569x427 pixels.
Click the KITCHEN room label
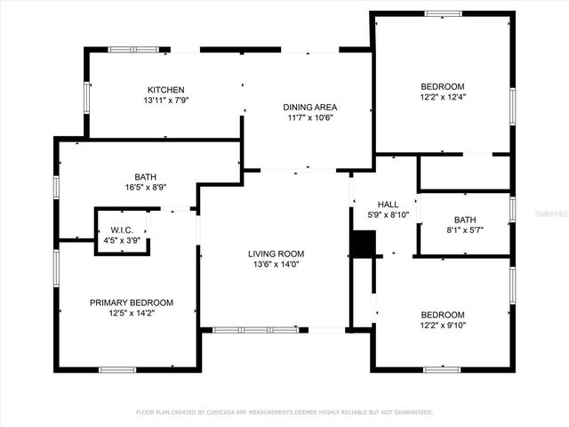[x=165, y=90]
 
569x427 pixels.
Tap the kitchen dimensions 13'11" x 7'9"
[x=165, y=101]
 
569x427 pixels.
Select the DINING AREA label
[x=310, y=107]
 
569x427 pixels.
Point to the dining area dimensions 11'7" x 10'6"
[x=310, y=117]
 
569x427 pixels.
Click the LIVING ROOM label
[x=276, y=254]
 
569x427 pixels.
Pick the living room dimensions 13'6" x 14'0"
[x=276, y=264]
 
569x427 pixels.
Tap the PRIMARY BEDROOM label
[x=132, y=302]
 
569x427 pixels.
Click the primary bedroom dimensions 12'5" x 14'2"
[x=132, y=313]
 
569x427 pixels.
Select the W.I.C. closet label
[x=122, y=230]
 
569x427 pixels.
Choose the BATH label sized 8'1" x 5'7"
[x=465, y=219]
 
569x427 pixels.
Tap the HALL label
[x=389, y=204]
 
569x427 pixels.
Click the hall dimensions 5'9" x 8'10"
[x=389, y=214]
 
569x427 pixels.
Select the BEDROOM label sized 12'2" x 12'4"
[x=442, y=86]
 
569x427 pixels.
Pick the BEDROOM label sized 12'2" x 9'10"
[x=442, y=315]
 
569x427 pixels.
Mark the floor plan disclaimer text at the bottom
[x=284, y=412]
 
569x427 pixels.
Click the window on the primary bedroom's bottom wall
[x=116, y=369]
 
